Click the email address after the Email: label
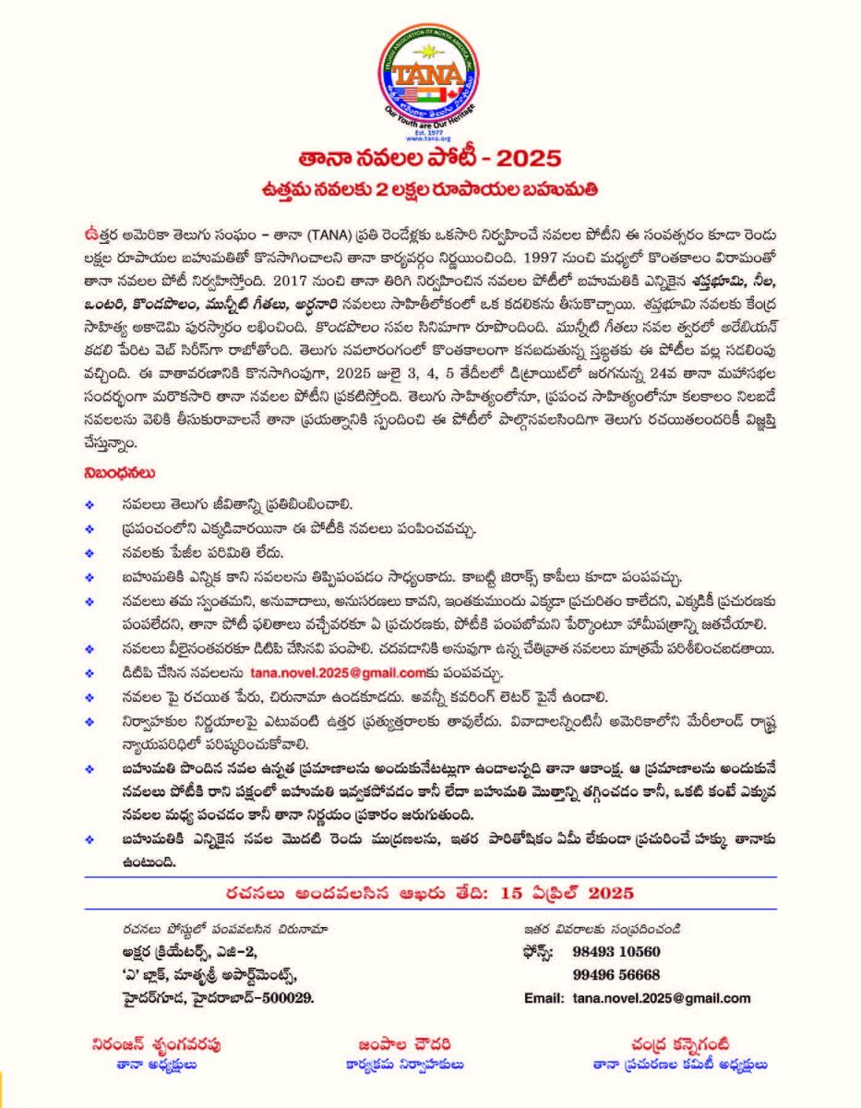662,998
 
